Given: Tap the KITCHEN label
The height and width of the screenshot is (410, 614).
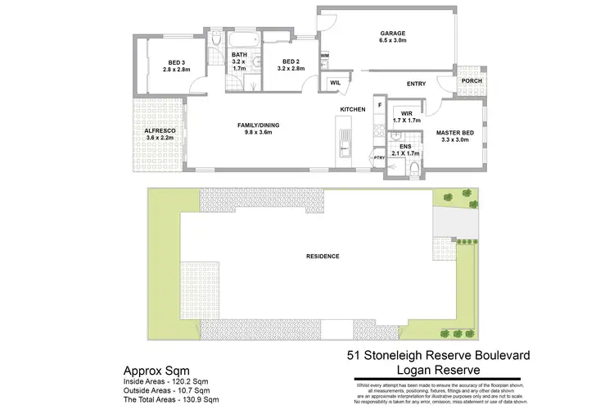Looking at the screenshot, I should (x=354, y=109).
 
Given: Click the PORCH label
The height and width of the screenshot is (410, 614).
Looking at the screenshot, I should (x=471, y=81).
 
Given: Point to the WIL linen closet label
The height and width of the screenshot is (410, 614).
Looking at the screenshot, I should (x=336, y=83).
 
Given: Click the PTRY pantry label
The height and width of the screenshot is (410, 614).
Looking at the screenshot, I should (x=378, y=157).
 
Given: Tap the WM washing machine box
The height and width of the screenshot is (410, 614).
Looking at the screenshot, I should (x=324, y=56).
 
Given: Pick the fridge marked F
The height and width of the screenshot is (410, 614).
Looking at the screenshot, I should (x=379, y=106).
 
